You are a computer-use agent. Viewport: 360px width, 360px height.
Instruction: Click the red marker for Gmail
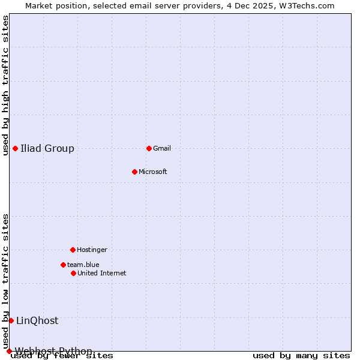coord(149,148)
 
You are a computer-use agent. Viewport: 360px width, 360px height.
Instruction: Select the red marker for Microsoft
coord(134,172)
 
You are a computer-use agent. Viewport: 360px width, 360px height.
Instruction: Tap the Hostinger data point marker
coord(73,250)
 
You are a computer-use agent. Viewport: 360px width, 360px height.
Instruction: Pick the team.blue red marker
coord(63,265)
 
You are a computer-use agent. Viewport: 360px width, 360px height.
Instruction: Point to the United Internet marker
coord(73,273)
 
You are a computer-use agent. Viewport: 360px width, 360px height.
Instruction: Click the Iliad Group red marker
coord(15,148)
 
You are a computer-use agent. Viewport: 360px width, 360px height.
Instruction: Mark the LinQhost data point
coord(11,320)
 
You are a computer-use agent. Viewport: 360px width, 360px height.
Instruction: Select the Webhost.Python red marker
coord(9,351)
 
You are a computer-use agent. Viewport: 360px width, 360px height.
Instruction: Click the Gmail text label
coord(162,148)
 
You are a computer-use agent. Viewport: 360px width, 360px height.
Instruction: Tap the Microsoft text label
coord(153,172)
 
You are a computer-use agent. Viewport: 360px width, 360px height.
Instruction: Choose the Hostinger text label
coord(92,250)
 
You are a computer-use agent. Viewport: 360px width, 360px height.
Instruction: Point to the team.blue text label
coord(83,265)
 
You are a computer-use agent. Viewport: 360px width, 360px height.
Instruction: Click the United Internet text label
coord(102,273)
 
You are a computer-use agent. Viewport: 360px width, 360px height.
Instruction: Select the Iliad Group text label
coord(47,148)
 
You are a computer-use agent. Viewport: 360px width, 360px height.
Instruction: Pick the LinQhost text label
coord(37,320)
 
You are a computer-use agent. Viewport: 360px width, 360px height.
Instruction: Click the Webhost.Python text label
coord(54,351)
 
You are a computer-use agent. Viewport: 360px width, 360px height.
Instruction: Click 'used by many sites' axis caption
coord(301,355)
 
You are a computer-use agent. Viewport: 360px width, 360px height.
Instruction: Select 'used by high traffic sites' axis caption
coord(5,85)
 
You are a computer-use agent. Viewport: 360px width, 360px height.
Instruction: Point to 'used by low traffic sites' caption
coord(5,281)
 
